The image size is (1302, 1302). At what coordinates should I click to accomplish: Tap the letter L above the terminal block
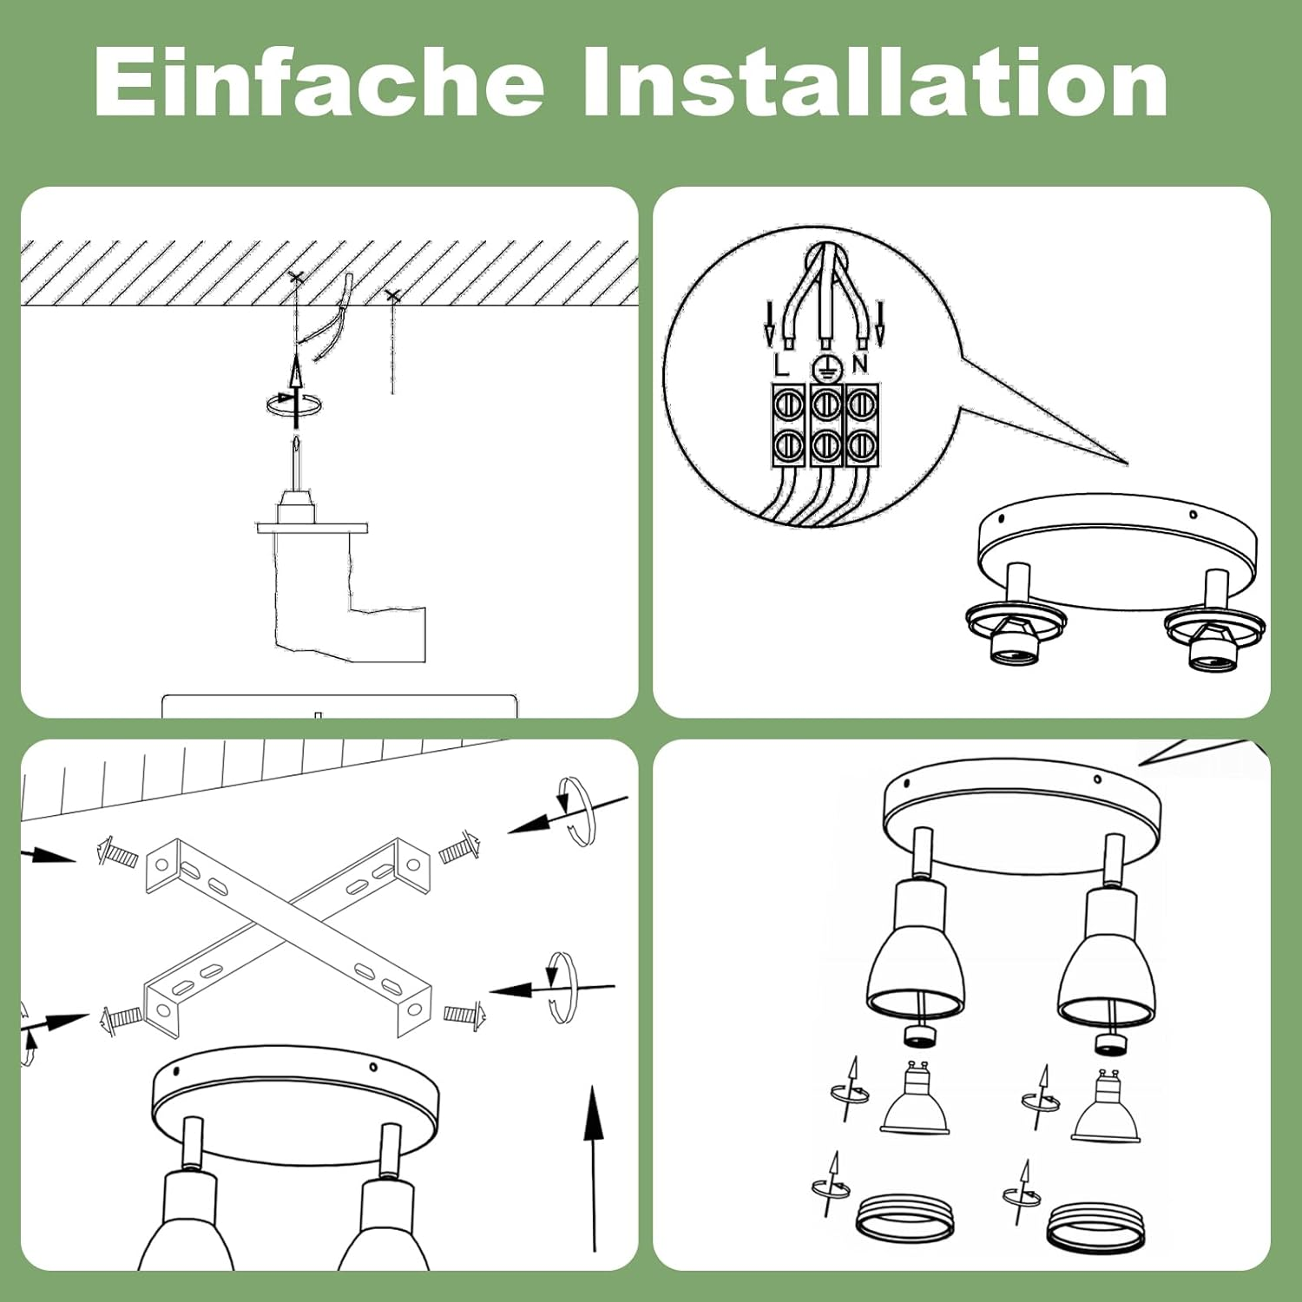pos(781,365)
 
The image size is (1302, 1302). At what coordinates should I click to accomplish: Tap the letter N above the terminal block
pos(860,364)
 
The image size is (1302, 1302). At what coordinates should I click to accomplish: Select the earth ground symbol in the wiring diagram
pos(827,368)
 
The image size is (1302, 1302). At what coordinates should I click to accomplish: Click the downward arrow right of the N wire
pos(880,323)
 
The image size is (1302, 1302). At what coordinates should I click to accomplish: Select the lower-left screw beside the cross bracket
pos(121,1018)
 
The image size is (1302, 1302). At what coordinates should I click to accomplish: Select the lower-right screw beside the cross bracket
pos(465,1014)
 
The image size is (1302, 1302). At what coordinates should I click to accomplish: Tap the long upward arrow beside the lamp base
pos(594,1168)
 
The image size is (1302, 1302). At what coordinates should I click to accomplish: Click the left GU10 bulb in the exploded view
pos(915,1099)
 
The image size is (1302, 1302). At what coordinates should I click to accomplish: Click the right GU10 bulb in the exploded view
pos(1107,1107)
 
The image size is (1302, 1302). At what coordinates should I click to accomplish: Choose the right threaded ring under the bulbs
pos(1095,1226)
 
